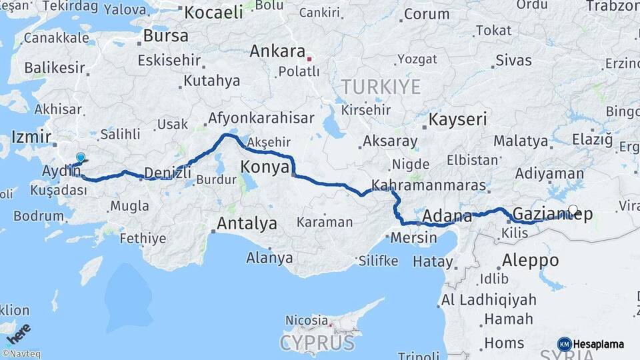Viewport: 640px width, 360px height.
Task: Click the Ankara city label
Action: pyautogui.click(x=277, y=51)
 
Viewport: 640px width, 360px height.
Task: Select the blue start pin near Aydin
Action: pyautogui.click(x=81, y=158)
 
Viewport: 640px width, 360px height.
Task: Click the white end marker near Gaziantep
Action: pyautogui.click(x=573, y=209)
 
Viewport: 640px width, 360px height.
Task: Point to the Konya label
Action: pyautogui.click(x=265, y=166)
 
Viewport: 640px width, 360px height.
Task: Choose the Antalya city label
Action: pyautogui.click(x=247, y=224)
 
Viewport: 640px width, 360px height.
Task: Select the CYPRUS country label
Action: pyautogui.click(x=317, y=343)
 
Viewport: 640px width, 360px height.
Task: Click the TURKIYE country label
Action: pyautogui.click(x=381, y=87)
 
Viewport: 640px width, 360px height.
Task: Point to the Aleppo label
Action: pyautogui.click(x=532, y=259)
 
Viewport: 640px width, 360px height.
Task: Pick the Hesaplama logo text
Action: pyautogui.click(x=599, y=344)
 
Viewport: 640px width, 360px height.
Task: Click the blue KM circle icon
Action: pyautogui.click(x=564, y=344)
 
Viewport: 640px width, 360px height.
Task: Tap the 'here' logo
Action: pyautogui.click(x=18, y=333)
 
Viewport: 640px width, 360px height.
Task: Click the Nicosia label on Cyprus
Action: pyautogui.click(x=307, y=321)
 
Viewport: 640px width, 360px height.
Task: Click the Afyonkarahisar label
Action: pyautogui.click(x=261, y=118)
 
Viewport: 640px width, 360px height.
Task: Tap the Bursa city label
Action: pyautogui.click(x=165, y=36)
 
